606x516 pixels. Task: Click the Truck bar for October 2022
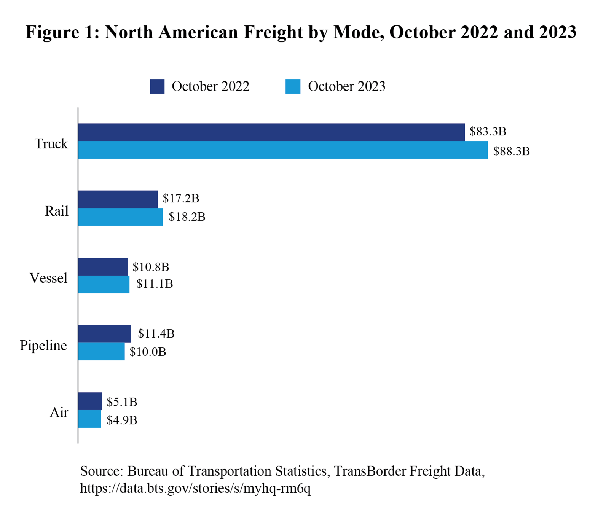click(x=271, y=132)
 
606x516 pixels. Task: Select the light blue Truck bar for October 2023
click(x=282, y=150)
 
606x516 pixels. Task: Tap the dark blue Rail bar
click(x=118, y=199)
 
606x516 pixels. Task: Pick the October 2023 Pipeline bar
click(x=101, y=351)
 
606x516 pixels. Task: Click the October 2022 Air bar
click(x=90, y=401)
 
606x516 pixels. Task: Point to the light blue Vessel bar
click(x=104, y=284)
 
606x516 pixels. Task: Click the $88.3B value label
click(x=511, y=151)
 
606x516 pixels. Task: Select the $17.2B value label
click(x=181, y=198)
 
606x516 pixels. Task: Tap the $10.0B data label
click(x=148, y=352)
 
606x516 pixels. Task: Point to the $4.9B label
click(x=122, y=420)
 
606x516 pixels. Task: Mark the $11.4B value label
click(x=156, y=334)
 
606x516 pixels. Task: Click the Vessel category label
click(x=48, y=278)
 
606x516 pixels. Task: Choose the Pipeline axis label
click(x=43, y=346)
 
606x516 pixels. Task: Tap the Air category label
click(x=59, y=412)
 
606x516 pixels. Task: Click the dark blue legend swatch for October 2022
click(x=157, y=86)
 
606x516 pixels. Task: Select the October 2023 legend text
click(x=346, y=86)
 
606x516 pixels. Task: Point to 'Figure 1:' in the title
click(x=62, y=32)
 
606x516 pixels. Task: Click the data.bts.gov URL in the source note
click(x=195, y=488)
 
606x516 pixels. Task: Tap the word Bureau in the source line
click(x=148, y=471)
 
